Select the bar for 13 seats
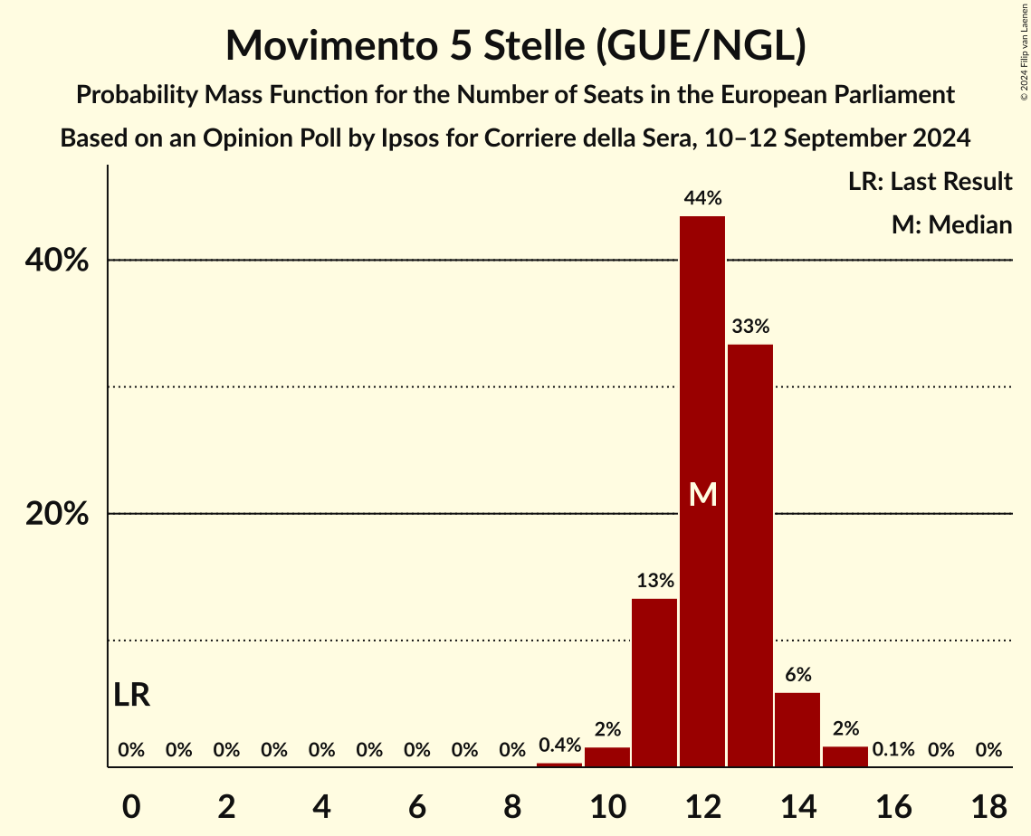(750, 556)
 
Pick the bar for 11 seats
(654, 682)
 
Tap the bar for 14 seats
(797, 729)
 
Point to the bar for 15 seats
(845, 756)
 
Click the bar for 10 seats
(607, 756)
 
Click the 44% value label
(702, 198)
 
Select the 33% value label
(750, 327)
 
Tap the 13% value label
(654, 581)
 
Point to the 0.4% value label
(559, 746)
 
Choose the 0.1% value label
(893, 750)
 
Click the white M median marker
(702, 494)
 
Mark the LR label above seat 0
(132, 695)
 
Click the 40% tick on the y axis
(57, 261)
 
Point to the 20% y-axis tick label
(57, 514)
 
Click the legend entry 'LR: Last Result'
(930, 182)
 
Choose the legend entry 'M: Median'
(951, 224)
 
